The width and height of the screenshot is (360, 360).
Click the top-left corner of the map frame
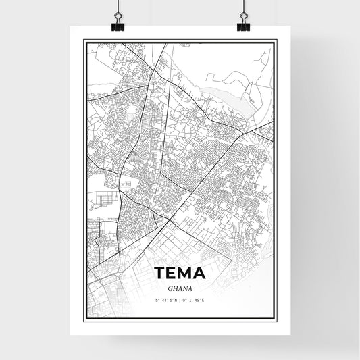tap(84, 40)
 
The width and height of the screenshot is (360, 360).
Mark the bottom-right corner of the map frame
tap(275, 319)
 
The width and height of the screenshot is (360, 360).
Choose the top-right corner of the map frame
tap(275, 40)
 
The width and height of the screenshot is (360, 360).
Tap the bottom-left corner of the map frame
tap(84, 319)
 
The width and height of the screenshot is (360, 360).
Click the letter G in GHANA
tap(168, 288)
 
